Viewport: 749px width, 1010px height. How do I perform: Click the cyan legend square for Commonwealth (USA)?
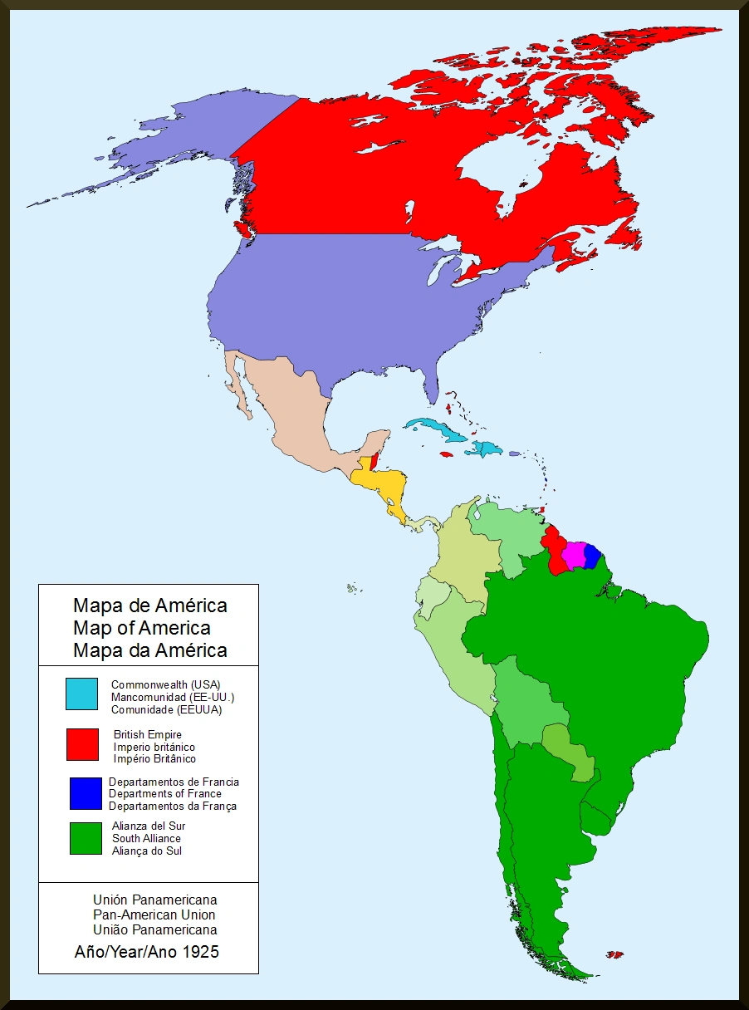82,694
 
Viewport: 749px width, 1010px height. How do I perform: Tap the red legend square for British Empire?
82,744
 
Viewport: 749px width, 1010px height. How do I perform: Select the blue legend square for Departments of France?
86,793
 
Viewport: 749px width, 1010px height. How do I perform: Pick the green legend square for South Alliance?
86,838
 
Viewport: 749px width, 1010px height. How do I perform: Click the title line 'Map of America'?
141,628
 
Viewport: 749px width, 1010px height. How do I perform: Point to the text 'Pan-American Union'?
155,914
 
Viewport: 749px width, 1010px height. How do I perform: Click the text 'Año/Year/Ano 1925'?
147,952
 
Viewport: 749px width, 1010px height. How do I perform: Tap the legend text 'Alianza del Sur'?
149,826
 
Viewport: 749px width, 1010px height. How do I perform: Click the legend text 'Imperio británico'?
154,747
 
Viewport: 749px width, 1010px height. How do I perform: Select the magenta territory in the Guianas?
574,554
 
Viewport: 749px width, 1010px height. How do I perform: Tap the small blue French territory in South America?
592,556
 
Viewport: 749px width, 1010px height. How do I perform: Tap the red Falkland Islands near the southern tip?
614,955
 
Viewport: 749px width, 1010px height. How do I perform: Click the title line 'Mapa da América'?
149,650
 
